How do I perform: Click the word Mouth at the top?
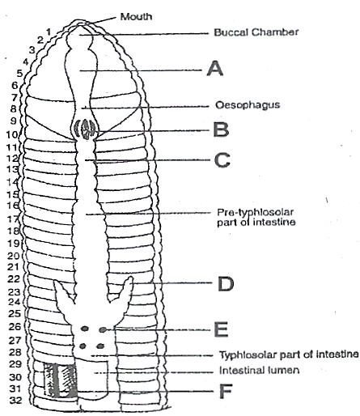(x=136, y=17)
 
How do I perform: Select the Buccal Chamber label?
(x=256, y=32)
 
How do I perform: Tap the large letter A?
(x=215, y=69)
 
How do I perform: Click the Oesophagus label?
(x=248, y=105)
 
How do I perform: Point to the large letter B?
(x=221, y=129)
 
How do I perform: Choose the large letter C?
(x=222, y=160)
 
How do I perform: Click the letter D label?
(x=226, y=284)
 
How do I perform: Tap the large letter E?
(x=221, y=329)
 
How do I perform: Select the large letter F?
(x=226, y=391)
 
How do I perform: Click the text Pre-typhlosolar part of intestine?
(x=256, y=217)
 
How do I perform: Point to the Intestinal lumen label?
(x=259, y=370)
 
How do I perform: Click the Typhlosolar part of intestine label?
(x=289, y=354)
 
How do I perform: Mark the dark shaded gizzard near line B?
(x=86, y=129)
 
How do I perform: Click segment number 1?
(x=49, y=32)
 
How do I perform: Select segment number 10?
(x=12, y=134)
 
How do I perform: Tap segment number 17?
(x=13, y=219)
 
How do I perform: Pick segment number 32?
(x=15, y=401)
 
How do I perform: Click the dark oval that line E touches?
(x=103, y=329)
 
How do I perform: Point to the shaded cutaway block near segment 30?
(x=60, y=380)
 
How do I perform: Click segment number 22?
(x=14, y=279)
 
